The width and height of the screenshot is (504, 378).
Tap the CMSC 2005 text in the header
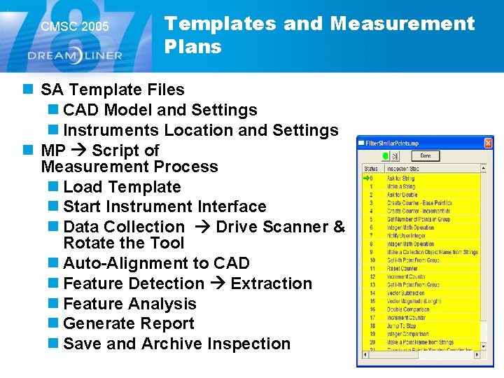(75, 27)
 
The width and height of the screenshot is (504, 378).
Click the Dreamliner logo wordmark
(75, 55)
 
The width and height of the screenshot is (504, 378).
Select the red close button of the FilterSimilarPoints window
(488, 143)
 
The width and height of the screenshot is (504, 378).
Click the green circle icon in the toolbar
(384, 155)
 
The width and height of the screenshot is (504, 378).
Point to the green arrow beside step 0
(365, 178)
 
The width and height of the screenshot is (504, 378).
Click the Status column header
(371, 169)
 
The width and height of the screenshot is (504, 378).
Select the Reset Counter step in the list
(404, 268)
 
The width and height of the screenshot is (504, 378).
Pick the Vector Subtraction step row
(406, 293)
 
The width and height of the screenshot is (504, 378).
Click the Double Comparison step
(409, 309)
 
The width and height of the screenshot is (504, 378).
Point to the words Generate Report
(129, 323)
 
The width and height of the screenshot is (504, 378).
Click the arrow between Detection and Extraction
(217, 283)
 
